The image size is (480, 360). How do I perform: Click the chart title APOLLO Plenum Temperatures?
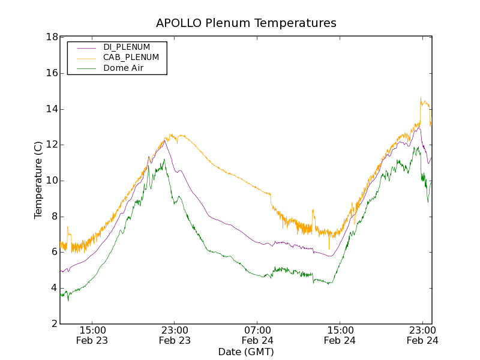pos(246,23)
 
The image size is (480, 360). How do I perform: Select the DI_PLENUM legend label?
pos(127,47)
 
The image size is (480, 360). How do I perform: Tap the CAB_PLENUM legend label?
pos(131,58)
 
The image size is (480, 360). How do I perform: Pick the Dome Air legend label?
pos(124,68)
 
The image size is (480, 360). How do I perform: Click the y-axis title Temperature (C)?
pos(38,180)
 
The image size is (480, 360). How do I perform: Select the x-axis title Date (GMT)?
pos(245,352)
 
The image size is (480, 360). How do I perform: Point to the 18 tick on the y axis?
pos(52,37)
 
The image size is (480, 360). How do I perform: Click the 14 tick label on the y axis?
pos(52,109)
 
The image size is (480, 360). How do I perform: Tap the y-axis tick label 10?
pos(52,181)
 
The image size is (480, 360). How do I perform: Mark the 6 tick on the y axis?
pos(54,253)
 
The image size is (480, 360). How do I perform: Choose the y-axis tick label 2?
pos(54,324)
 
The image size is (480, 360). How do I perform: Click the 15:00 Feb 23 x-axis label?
pos(92,335)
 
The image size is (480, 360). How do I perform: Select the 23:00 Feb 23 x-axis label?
pos(175,335)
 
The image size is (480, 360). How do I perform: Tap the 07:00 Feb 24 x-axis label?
pos(257,335)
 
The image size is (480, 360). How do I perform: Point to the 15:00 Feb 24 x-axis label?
pos(340,335)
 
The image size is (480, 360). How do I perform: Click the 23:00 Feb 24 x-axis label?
pos(422,335)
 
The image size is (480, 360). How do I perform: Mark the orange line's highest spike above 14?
pos(421,98)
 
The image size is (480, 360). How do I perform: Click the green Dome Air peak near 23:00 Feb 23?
pos(164,160)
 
